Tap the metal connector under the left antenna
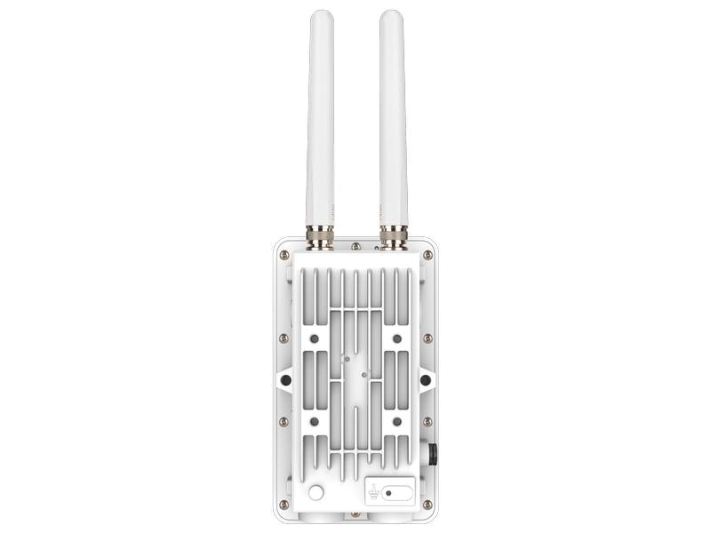click(x=320, y=237)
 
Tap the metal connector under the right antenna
click(x=392, y=237)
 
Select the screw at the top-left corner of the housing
click(x=284, y=255)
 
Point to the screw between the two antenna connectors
click(x=355, y=247)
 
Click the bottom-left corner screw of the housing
click(x=284, y=504)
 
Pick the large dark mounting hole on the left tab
click(x=285, y=380)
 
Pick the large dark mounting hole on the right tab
click(x=427, y=380)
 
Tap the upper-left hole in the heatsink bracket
click(x=315, y=339)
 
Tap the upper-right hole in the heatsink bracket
click(x=396, y=339)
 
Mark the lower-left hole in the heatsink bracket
click(x=315, y=420)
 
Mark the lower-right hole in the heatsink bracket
click(x=396, y=420)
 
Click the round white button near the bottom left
click(x=315, y=493)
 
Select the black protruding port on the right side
click(x=434, y=454)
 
